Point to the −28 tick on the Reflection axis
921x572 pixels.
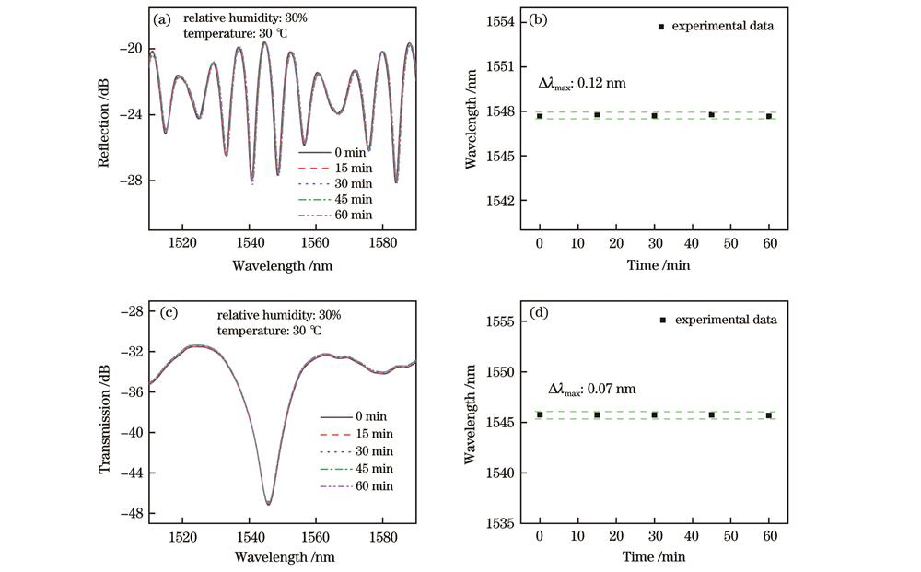click(133, 180)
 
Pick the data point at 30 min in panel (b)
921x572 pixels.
click(654, 115)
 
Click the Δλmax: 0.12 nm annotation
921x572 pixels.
click(581, 83)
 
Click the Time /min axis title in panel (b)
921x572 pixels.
click(654, 265)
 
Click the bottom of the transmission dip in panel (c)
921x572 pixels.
click(269, 503)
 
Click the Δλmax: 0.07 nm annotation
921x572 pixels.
click(592, 389)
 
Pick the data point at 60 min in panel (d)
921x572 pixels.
click(769, 415)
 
